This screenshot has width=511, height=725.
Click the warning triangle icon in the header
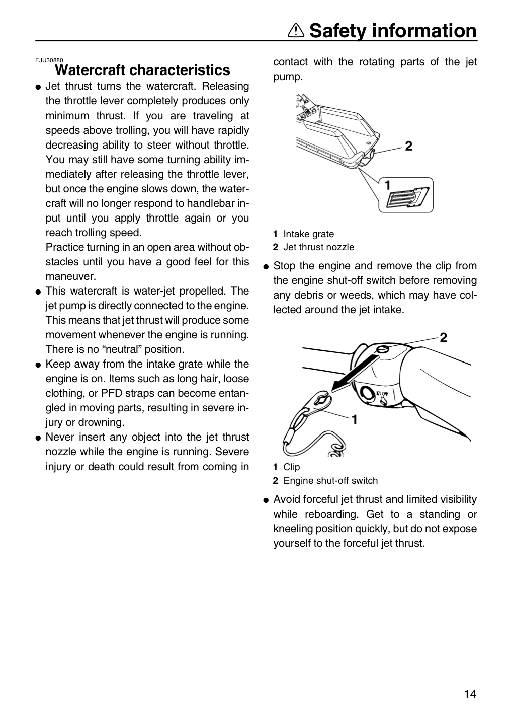pos(296,31)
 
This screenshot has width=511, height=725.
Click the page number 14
pos(470,694)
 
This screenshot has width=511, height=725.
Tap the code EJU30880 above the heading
pos(49,60)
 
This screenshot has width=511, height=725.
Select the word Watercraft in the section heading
pos(90,70)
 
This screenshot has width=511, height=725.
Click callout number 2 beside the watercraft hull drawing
pos(408,146)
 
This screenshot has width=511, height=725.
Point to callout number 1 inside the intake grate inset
pos(387,185)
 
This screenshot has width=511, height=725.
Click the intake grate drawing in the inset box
pos(408,197)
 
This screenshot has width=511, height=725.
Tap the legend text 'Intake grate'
pos(308,234)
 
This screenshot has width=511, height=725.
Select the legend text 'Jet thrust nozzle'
pos(318,247)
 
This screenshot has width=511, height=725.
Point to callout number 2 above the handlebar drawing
pos(443,337)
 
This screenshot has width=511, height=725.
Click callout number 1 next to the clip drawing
pos(355,419)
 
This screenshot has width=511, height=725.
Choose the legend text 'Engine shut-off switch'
pos(330,480)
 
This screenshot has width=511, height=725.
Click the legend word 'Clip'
pos(291,467)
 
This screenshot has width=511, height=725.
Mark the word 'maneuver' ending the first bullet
pos(71,276)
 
